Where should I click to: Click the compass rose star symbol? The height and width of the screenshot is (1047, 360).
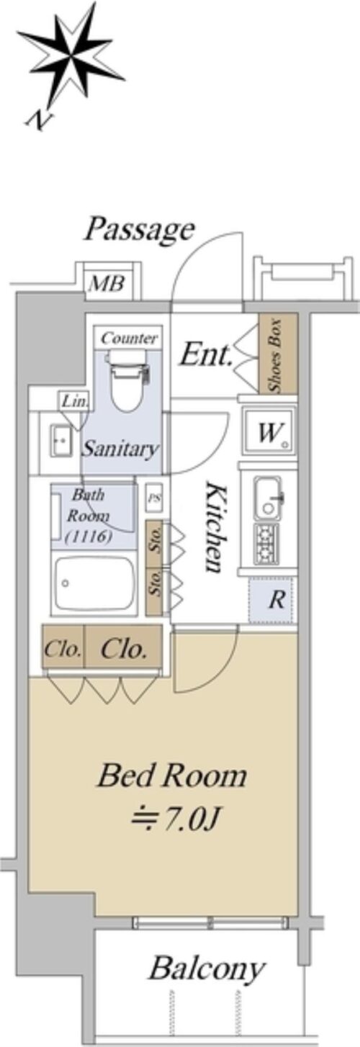(x=71, y=57)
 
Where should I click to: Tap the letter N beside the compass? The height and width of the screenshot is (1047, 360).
(x=39, y=120)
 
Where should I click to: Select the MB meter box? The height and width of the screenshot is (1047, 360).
(x=107, y=283)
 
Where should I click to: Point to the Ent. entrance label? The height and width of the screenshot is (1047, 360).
(x=206, y=355)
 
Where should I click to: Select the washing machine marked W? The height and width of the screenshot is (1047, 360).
(x=269, y=431)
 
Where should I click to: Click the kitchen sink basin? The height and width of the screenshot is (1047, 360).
(x=269, y=498)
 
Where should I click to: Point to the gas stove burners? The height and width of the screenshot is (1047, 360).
(x=266, y=543)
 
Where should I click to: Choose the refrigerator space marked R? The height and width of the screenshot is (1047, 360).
(x=273, y=600)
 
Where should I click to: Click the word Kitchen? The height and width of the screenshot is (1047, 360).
(x=215, y=526)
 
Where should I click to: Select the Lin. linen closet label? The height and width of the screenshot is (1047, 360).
(x=75, y=401)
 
